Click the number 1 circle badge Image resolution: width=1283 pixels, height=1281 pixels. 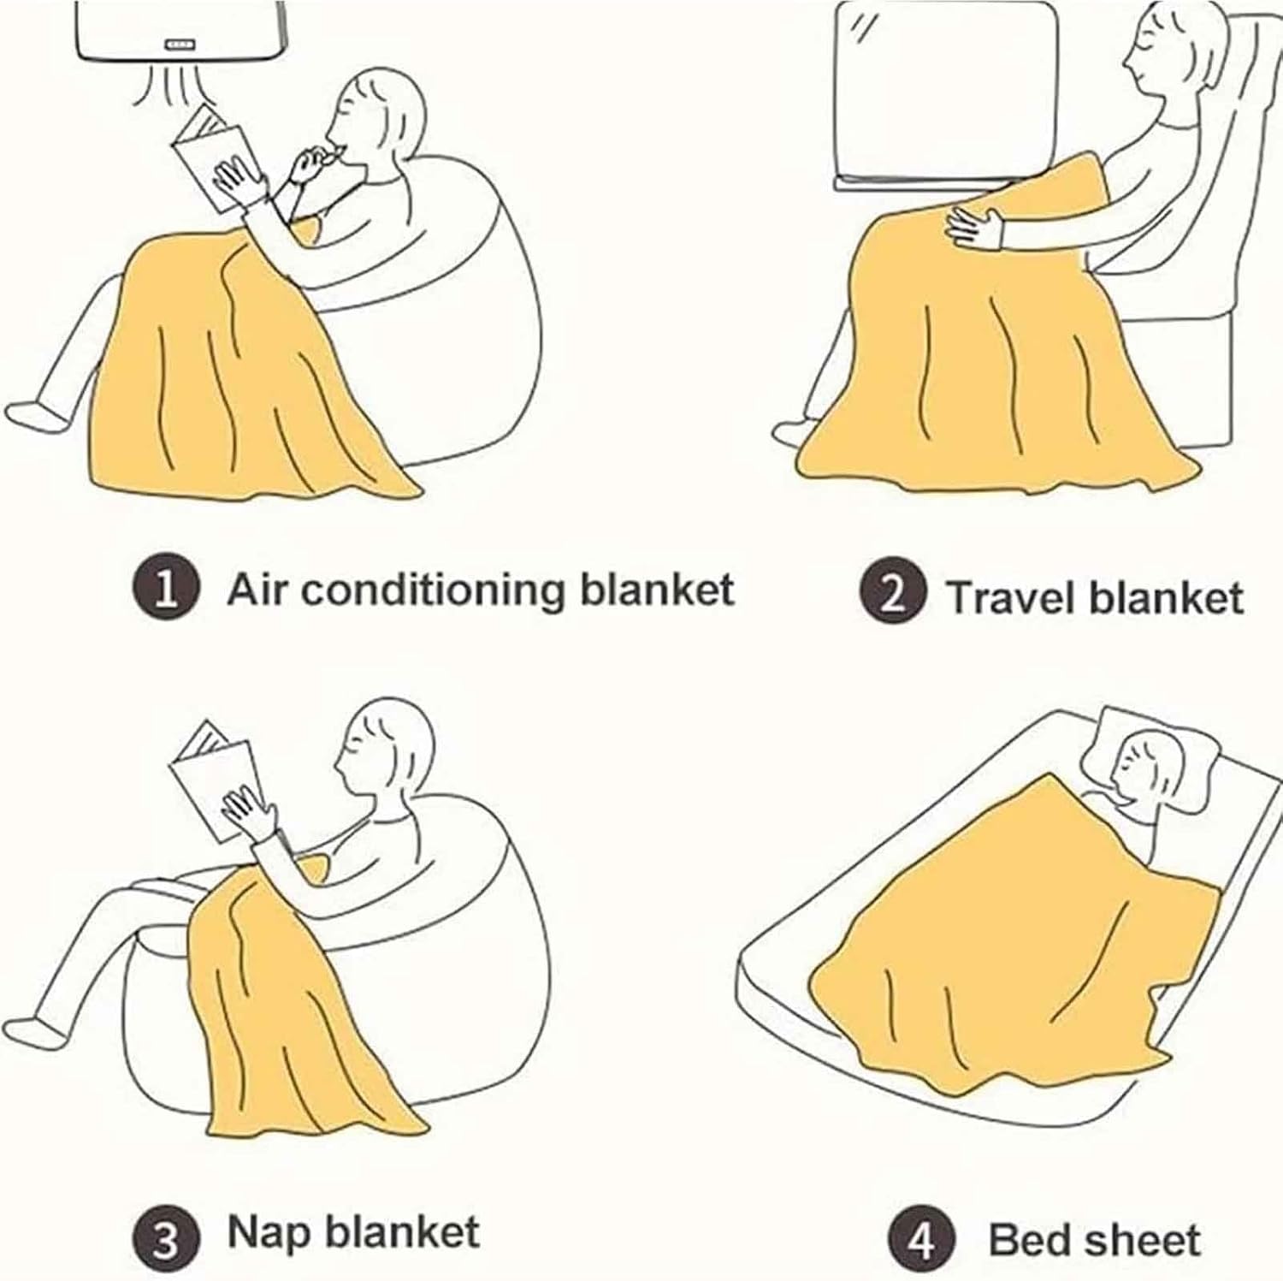(x=167, y=591)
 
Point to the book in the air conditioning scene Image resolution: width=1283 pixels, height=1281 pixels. (x=211, y=155)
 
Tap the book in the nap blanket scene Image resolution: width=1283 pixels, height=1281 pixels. (x=214, y=778)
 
